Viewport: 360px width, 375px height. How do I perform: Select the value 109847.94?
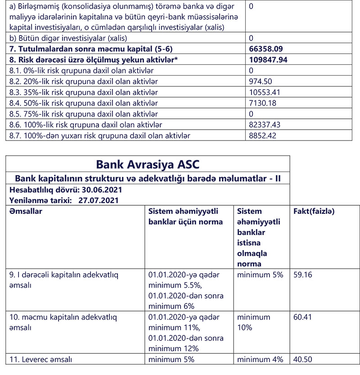coord(268,59)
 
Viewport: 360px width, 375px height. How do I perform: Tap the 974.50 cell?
coord(260,81)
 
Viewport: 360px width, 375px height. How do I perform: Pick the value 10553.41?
coord(264,92)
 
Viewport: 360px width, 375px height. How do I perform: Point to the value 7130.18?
coord(262,103)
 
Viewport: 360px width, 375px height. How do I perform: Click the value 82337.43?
coord(265,124)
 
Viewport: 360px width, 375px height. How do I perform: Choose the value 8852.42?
coord(262,135)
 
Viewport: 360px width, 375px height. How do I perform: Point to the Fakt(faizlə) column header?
coord(314,211)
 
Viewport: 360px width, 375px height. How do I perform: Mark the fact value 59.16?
coord(302,274)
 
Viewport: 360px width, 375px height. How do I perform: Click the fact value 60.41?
coord(302,317)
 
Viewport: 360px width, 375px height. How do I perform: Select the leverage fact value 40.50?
coord(302,359)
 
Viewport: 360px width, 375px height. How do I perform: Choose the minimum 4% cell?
coord(260,359)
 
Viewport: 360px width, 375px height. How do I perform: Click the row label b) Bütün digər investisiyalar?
coord(68,38)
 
